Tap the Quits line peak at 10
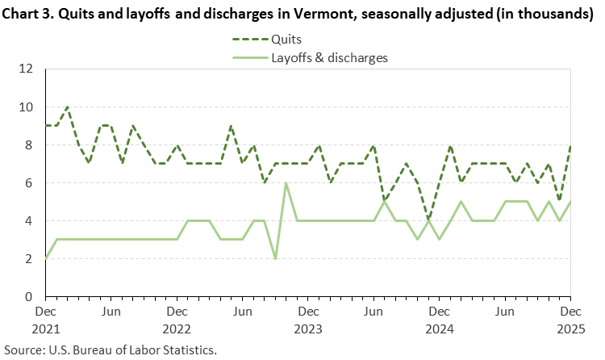click(x=67, y=107)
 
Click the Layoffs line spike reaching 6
click(x=286, y=183)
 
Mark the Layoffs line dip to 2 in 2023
click(x=275, y=258)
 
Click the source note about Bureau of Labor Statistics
click(x=113, y=350)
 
